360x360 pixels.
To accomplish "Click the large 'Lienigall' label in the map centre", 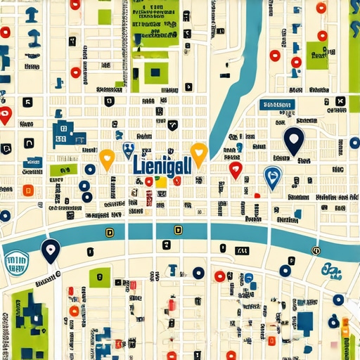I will coord(162,165).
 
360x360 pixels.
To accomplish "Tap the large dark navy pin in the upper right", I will coord(293,139).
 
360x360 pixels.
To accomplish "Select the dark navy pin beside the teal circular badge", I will coord(49,250).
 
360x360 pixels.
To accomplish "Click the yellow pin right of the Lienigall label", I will coord(199,154).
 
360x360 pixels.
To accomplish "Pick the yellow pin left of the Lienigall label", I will coord(106,159).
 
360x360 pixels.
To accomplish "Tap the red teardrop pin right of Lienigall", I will coord(236,169).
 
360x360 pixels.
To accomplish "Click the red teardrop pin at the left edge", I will coord(6,115).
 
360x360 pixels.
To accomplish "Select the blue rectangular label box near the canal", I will coord(276,105).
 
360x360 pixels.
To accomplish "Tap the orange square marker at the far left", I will coord(28,190).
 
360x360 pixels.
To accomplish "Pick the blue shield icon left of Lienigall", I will coord(128,149).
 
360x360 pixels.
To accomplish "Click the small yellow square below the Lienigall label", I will coord(161,182).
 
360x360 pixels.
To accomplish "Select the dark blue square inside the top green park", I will coord(154,70).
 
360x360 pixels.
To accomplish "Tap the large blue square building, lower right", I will coord(305,321).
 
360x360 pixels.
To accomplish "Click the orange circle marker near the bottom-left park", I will coord(74,310).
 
